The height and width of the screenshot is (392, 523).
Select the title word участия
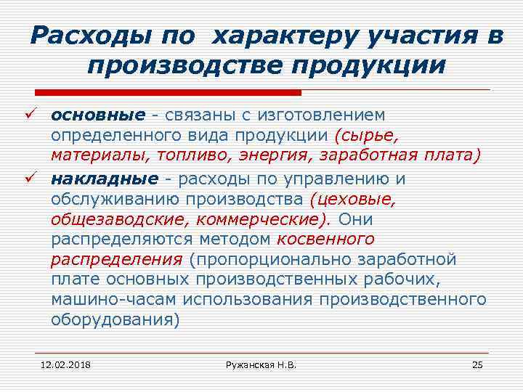coord(413,35)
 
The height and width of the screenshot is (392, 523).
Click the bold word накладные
coord(104,179)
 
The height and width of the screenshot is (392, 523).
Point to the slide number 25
coord(477,364)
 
